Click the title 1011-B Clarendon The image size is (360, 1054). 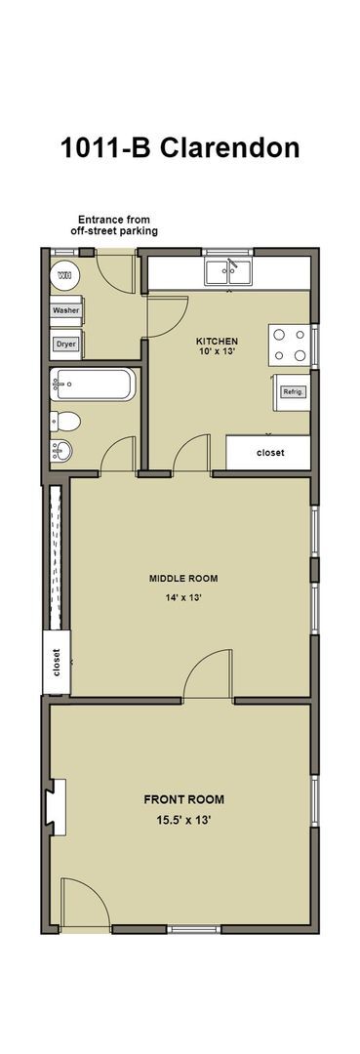pos(180,147)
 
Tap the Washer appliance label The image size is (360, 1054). pos(66,310)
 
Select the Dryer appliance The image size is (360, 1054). pos(66,344)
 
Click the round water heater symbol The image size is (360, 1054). pos(64,276)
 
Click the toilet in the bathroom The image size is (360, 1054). pos(66,422)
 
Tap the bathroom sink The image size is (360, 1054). pos(61,451)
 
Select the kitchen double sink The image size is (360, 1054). pos(228,270)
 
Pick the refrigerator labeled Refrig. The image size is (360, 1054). pos(293,391)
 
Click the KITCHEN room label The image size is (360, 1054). pos(217,342)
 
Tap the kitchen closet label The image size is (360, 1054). pos(269,453)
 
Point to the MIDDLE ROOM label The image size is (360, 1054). pos(183,578)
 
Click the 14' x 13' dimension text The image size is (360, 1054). pos(183,598)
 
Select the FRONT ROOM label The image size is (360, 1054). pos(184,799)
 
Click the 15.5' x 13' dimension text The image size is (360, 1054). pos(184,820)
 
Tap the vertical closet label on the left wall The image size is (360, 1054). pos(57,663)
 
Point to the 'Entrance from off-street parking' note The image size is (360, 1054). pos(114,224)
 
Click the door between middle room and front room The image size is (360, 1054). pos(208,677)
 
